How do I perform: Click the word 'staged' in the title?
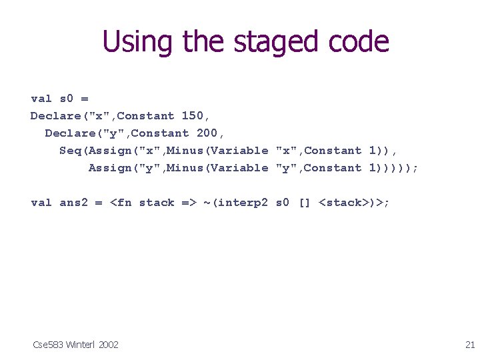click(x=261, y=41)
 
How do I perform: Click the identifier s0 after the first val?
click(x=67, y=99)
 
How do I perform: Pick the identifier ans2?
click(x=74, y=203)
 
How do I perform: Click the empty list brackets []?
click(x=304, y=203)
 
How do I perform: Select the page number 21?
click(x=469, y=344)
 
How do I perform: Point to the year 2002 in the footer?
click(x=108, y=344)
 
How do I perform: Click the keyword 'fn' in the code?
click(x=124, y=203)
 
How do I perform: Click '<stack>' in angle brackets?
click(x=344, y=203)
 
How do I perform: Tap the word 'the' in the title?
click(x=195, y=41)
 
